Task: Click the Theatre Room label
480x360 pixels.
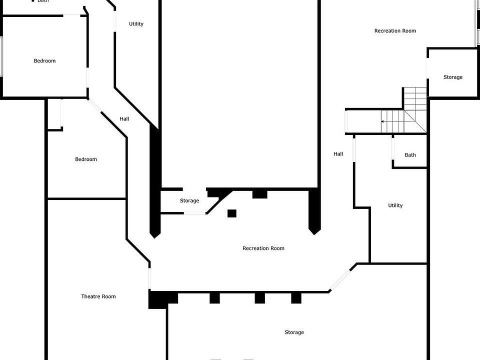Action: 98,296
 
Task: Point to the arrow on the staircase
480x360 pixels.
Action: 392,121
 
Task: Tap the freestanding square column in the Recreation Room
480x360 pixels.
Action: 231,213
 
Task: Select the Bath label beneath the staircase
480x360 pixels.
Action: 410,155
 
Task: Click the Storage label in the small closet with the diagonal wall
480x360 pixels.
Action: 189,200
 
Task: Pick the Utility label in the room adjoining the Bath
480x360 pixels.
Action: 395,205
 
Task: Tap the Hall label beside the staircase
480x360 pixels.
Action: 338,154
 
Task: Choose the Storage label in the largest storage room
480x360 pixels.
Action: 294,332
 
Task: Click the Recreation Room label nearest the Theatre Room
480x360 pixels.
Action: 263,248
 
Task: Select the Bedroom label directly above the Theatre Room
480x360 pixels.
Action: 85,159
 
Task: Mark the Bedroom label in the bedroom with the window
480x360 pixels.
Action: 44,61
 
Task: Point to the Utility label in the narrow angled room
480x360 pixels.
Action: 136,24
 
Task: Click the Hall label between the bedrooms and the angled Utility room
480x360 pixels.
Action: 124,119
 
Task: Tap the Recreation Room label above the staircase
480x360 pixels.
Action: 395,30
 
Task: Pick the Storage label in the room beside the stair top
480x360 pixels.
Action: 453,77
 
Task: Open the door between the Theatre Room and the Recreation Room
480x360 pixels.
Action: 149,278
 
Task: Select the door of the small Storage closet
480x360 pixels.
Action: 194,213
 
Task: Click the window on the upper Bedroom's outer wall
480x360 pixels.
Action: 1,56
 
